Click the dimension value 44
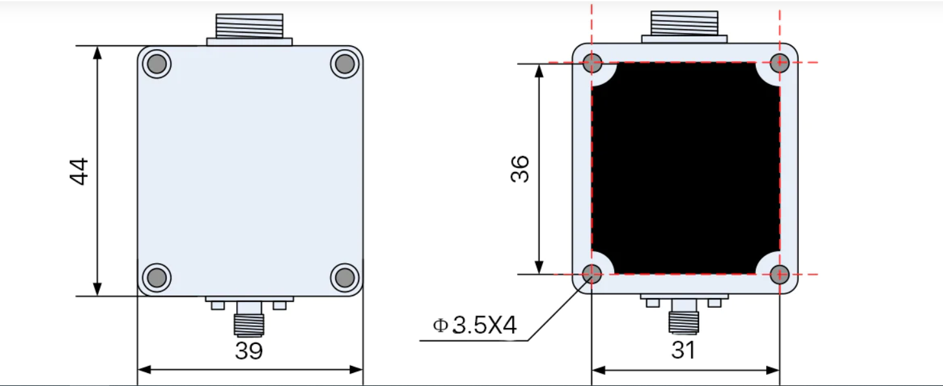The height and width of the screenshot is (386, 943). click(79, 171)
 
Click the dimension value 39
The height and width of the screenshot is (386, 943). click(249, 350)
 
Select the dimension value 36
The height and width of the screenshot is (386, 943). click(520, 169)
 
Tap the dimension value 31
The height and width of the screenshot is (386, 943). click(683, 350)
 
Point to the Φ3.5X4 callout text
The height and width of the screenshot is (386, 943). click(475, 325)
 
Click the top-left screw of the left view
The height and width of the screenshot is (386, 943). click(157, 64)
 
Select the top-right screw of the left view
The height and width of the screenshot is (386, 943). click(345, 64)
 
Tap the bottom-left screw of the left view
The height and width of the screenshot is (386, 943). click(157, 277)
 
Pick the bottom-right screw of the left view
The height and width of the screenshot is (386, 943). click(345, 277)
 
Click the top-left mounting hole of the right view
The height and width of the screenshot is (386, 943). click(592, 63)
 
